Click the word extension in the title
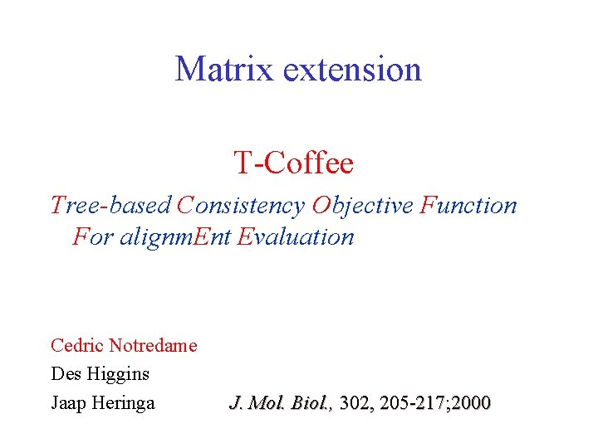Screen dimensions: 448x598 click(x=352, y=68)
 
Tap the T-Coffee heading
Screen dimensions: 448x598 click(x=293, y=163)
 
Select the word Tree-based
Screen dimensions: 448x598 click(x=111, y=205)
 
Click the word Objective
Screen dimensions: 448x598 click(x=362, y=205)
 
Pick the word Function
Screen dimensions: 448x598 click(x=468, y=205)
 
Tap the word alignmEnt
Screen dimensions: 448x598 click(x=176, y=236)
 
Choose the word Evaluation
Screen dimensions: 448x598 click(x=296, y=236)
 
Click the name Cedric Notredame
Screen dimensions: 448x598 click(x=124, y=345)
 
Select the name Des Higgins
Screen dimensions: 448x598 click(x=100, y=374)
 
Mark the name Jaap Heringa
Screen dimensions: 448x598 click(x=103, y=404)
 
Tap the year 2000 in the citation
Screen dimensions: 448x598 click(x=472, y=404)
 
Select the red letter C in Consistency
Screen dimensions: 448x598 click(x=184, y=205)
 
